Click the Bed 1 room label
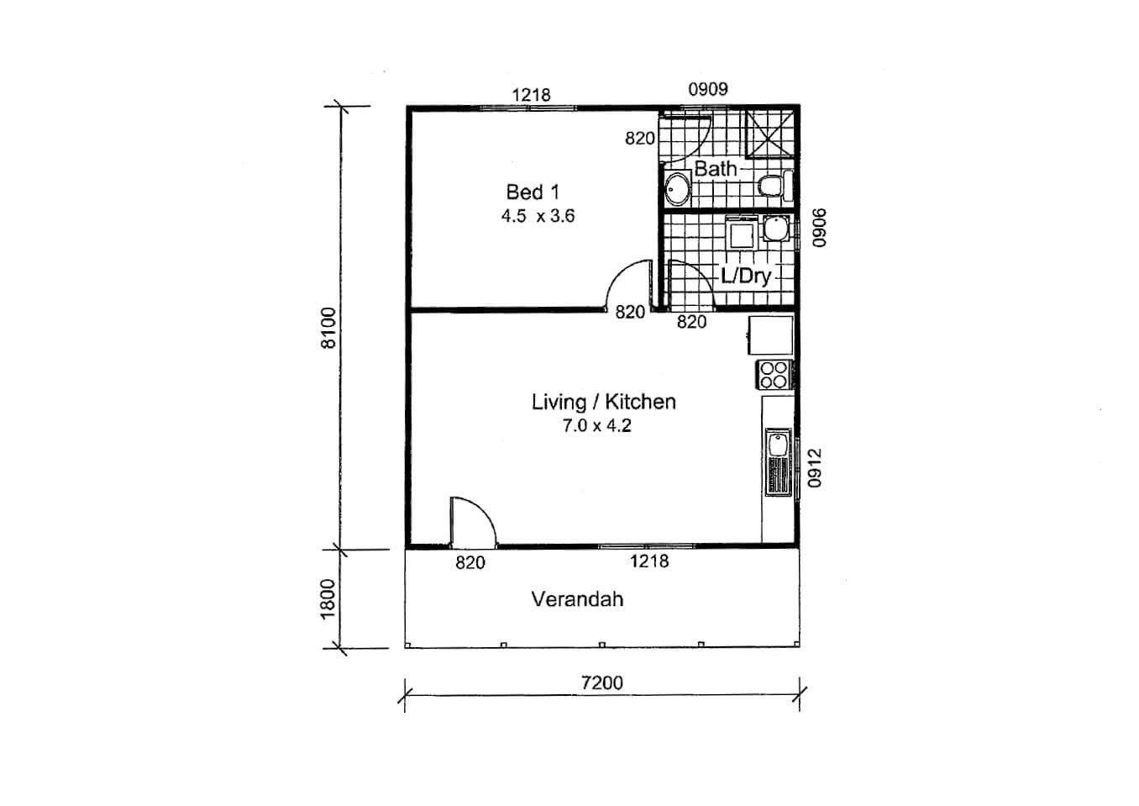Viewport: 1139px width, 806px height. pyautogui.click(x=533, y=192)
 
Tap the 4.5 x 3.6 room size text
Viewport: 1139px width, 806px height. pyautogui.click(x=538, y=216)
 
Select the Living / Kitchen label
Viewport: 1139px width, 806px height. pyautogui.click(x=604, y=402)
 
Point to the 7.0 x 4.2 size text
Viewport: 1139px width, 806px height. pyautogui.click(x=596, y=425)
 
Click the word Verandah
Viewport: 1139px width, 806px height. pyautogui.click(x=577, y=599)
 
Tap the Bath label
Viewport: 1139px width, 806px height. pyautogui.click(x=716, y=168)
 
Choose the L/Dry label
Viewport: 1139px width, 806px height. pyautogui.click(x=746, y=277)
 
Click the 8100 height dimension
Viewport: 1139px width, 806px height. pyautogui.click(x=328, y=329)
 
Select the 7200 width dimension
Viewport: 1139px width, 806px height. pyautogui.click(x=602, y=682)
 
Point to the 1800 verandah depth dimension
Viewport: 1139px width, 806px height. pyautogui.click(x=328, y=599)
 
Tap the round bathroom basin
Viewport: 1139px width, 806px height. pyautogui.click(x=677, y=189)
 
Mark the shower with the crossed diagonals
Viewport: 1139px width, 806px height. pyautogui.click(x=769, y=134)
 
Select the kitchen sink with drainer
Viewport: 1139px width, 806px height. pyautogui.click(x=779, y=462)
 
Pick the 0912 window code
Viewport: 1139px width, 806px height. pyautogui.click(x=814, y=467)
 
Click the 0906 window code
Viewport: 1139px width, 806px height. pyautogui.click(x=819, y=228)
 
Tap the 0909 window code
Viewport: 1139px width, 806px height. pyautogui.click(x=708, y=90)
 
